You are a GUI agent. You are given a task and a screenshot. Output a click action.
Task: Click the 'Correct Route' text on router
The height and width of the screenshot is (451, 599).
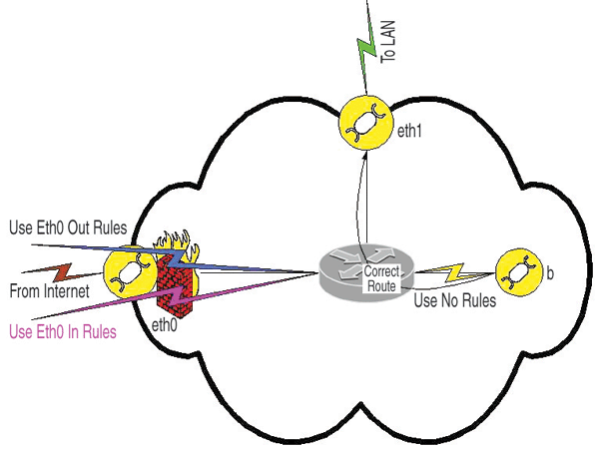coord(381,278)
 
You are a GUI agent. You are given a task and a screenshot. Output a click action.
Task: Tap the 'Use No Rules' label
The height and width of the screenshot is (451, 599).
coord(454,300)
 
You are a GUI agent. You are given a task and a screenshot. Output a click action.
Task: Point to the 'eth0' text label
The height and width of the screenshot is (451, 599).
coord(165,324)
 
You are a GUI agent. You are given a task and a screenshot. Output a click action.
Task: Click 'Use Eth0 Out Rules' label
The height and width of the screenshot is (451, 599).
coord(67,227)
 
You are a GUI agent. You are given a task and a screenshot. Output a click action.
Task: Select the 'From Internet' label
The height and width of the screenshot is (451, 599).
coord(50,291)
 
